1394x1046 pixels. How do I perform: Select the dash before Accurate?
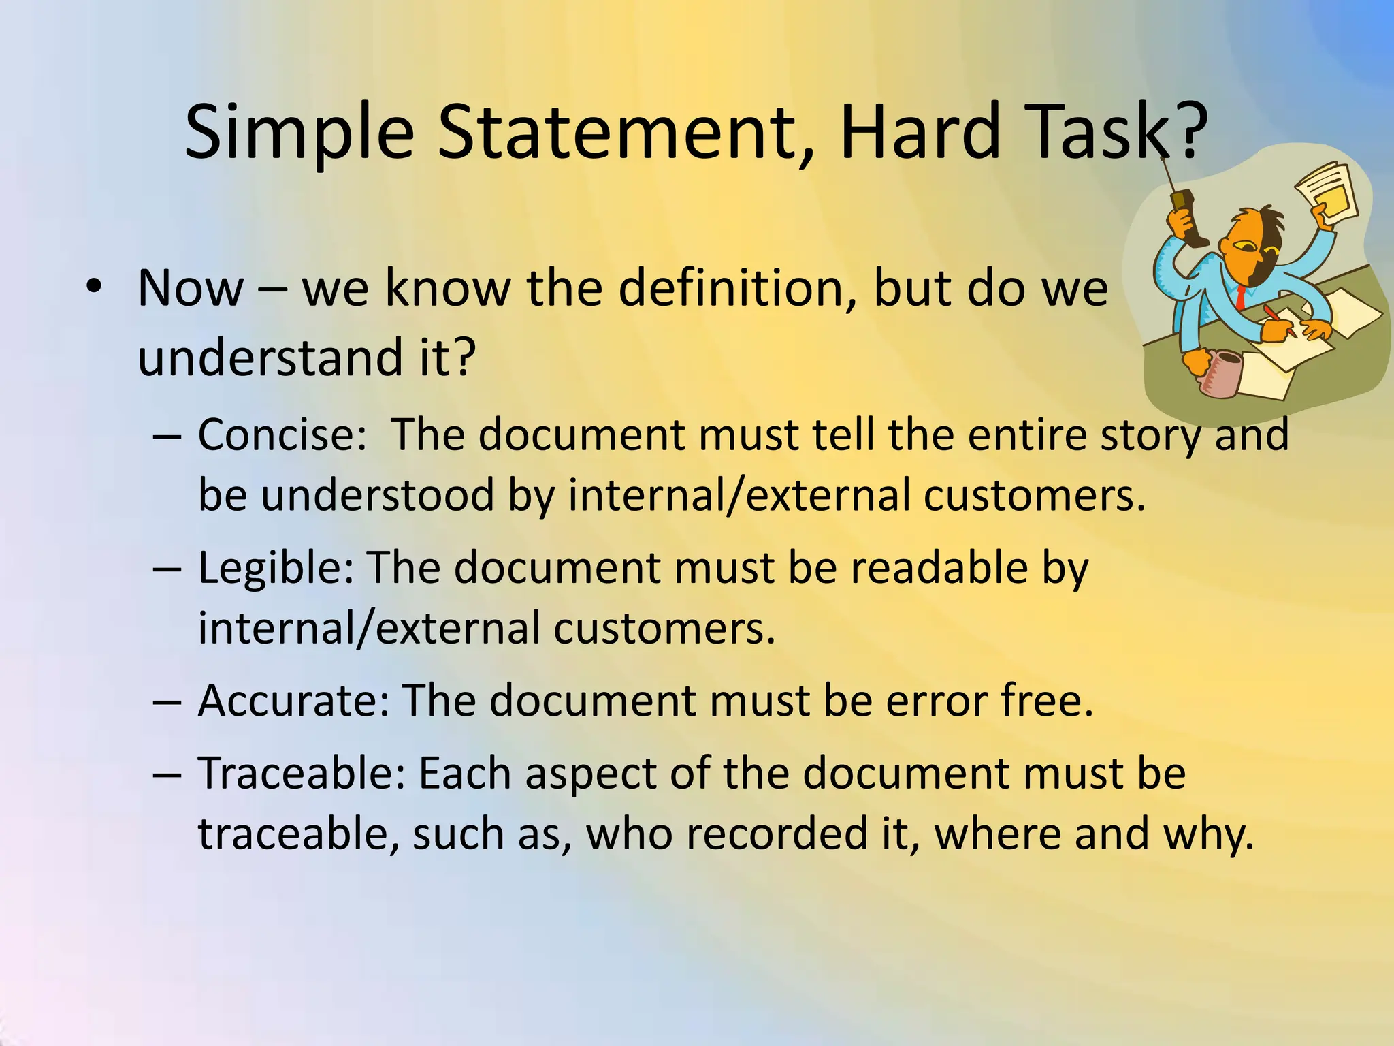click(167, 701)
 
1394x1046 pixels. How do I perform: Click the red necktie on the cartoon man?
click(1241, 296)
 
